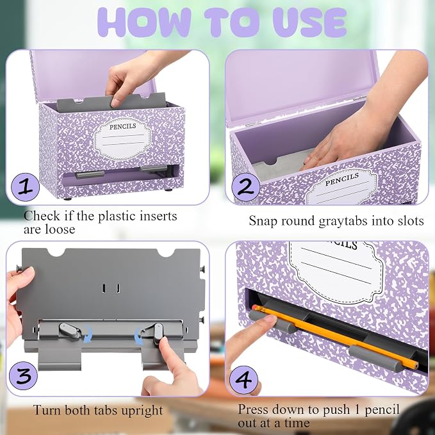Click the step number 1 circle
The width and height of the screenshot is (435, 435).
(25, 187)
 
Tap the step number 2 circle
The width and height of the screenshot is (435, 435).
(246, 187)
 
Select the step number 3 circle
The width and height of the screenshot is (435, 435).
(23, 375)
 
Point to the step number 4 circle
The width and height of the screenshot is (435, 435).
(243, 380)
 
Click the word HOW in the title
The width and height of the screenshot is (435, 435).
(144, 22)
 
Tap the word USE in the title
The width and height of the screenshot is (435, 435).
(309, 22)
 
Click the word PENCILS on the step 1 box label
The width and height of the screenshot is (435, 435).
(122, 126)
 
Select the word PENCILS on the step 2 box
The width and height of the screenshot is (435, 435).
(342, 179)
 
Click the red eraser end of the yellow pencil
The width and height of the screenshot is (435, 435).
(255, 307)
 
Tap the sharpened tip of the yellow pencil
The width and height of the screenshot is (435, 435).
(416, 366)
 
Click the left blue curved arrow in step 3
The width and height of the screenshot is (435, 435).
(88, 334)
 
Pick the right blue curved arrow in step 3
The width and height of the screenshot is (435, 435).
(138, 336)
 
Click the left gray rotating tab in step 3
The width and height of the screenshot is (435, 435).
(69, 331)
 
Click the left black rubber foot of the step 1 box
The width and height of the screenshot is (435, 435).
(67, 199)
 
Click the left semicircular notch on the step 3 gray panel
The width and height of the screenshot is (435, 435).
(56, 252)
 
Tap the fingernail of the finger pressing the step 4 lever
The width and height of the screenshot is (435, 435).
(269, 318)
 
